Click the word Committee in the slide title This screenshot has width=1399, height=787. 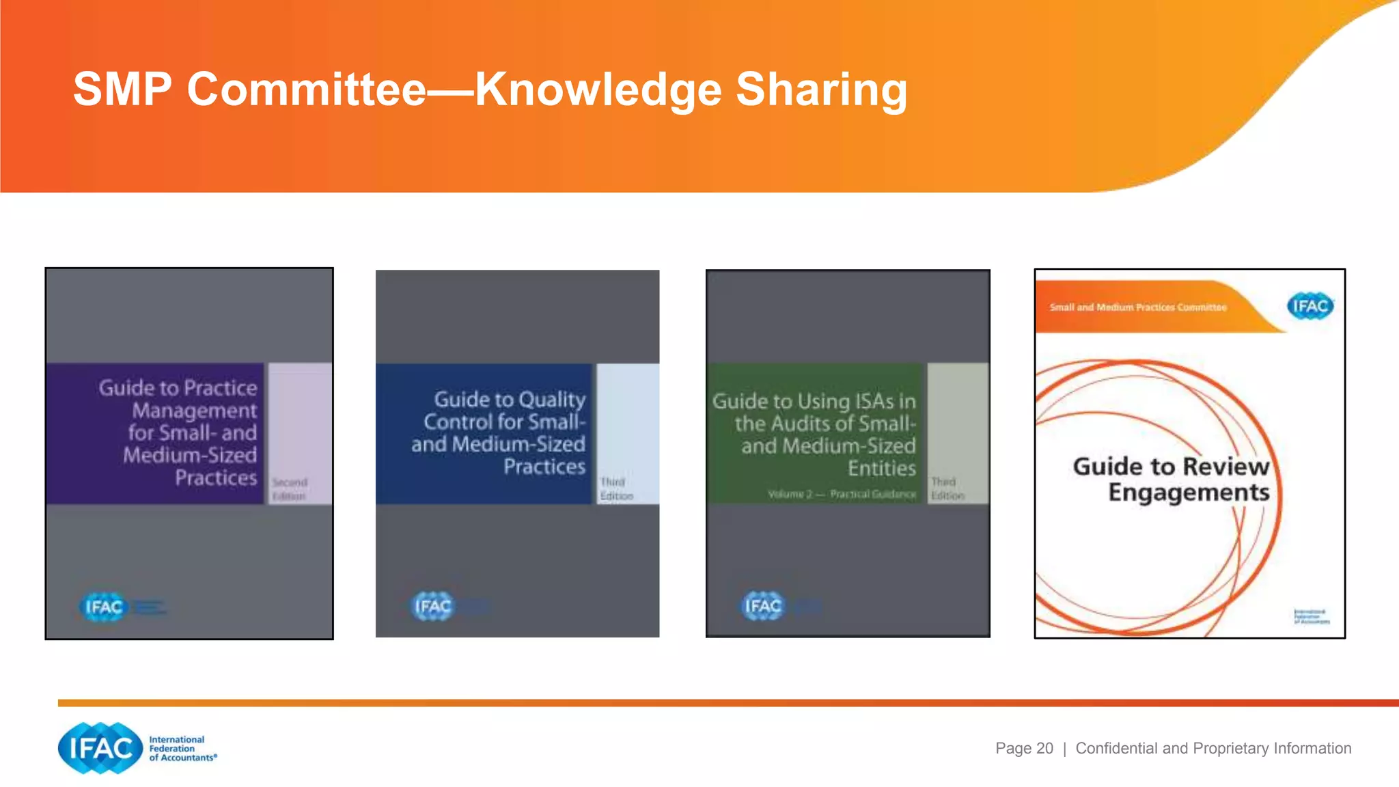pos(307,89)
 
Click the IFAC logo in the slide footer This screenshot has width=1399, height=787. pos(100,748)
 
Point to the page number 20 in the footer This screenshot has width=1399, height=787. pos(1044,748)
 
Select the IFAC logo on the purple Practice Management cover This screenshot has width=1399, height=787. pos(104,607)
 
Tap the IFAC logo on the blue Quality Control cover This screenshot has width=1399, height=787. pos(433,606)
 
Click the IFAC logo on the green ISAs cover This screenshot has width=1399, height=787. pos(763,606)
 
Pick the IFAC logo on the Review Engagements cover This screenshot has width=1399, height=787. pos(1310,306)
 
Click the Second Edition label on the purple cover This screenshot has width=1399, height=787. pos(290,489)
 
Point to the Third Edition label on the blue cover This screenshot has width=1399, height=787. pos(616,489)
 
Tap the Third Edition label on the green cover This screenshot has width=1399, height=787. pos(947,488)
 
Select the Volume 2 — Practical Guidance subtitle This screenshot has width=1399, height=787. pos(842,494)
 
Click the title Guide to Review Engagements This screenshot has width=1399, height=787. pos(1172,479)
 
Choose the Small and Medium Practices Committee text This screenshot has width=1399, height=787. pos(1138,307)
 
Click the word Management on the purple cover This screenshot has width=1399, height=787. pos(195,411)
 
